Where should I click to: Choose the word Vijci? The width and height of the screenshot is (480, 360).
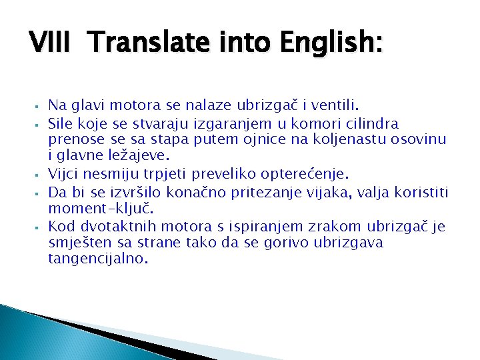(x=64, y=174)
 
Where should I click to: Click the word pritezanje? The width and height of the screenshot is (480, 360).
(x=299, y=193)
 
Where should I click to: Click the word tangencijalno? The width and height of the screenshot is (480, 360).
(x=96, y=259)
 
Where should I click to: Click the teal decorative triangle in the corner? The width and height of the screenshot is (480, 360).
(x=27, y=337)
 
